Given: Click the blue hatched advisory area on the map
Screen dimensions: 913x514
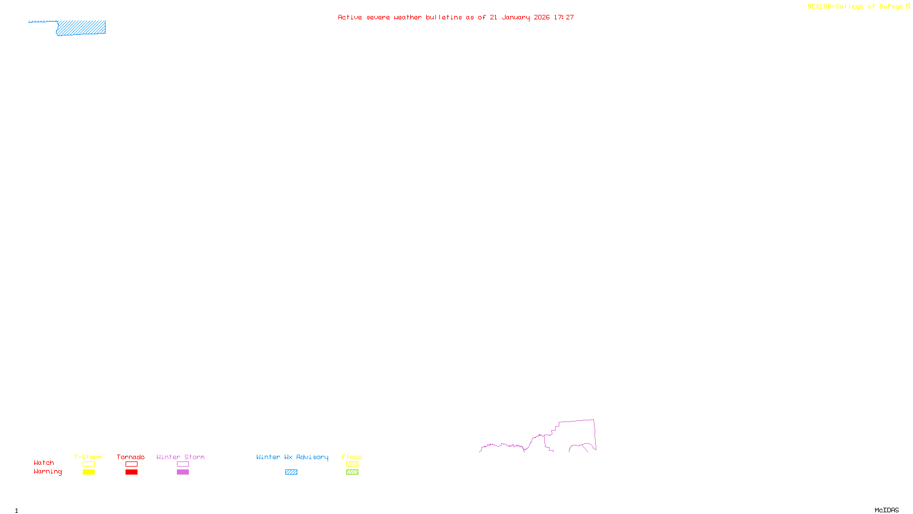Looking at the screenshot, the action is (81, 27).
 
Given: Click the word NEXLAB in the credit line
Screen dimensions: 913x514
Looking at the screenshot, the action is (819, 7).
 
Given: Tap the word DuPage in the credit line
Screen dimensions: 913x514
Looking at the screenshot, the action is (891, 7).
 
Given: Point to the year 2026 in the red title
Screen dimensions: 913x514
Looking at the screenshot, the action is (542, 17).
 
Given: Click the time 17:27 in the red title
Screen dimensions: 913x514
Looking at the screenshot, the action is (564, 17).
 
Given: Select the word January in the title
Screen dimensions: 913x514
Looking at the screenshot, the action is (515, 17).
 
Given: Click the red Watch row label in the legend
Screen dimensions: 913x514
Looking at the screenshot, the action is (43, 463).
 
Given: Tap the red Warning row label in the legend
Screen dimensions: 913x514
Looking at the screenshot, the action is (47, 472).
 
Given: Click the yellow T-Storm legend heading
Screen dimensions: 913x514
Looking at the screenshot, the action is (88, 457).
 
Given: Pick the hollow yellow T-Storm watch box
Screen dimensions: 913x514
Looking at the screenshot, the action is (88, 464).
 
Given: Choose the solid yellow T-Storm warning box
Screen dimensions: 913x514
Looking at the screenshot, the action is (88, 472).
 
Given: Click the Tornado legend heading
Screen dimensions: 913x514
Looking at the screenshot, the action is (131, 457).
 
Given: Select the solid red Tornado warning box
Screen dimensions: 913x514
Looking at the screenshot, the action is (131, 472).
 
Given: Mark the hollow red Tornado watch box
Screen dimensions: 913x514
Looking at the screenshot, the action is (131, 464).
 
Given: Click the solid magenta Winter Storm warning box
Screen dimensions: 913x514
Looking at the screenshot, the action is (183, 472).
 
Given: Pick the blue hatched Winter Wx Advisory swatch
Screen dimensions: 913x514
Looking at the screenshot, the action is (291, 472).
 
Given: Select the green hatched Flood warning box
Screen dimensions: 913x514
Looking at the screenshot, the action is (352, 472).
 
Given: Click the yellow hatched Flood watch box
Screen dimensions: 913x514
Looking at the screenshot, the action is (352, 464).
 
